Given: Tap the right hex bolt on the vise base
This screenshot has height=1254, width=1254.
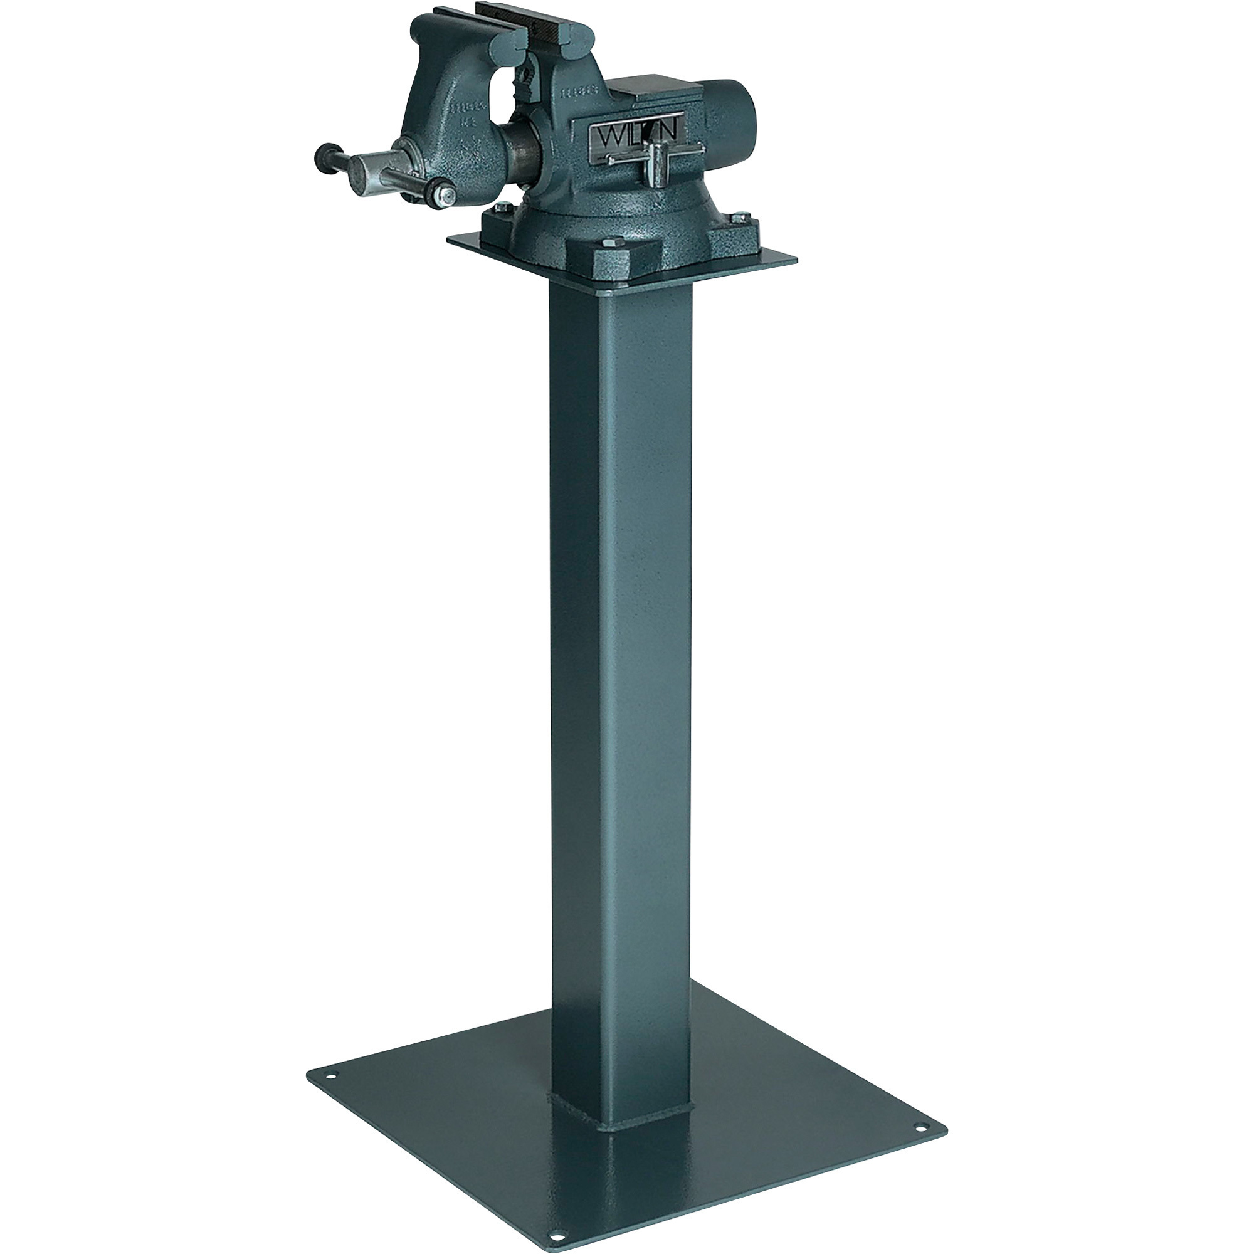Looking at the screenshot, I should tap(741, 219).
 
